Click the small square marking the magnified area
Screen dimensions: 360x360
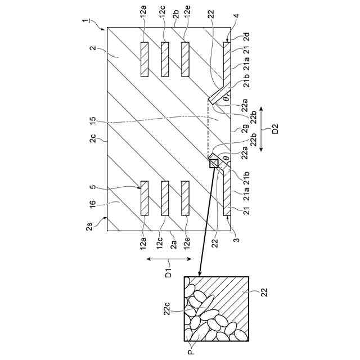214,163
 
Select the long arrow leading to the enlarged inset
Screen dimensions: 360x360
206,219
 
